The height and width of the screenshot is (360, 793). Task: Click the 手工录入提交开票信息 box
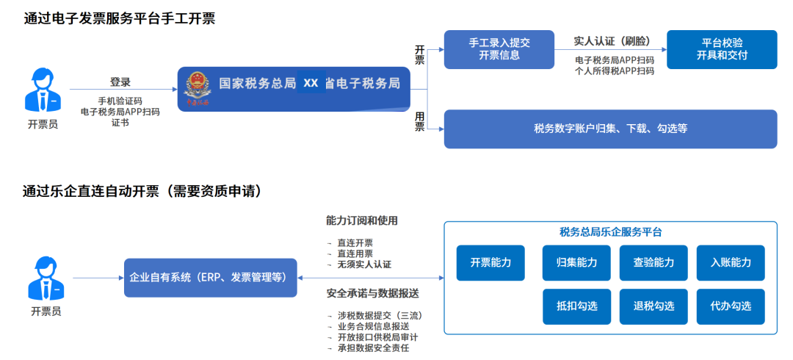[499, 49]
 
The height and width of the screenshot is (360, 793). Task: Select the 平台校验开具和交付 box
[722, 49]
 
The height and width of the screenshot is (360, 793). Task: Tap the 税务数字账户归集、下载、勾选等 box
[610, 129]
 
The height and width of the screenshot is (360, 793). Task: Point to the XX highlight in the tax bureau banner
[311, 83]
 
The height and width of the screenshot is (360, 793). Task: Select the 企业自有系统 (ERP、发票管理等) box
[210, 278]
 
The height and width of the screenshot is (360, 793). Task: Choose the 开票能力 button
[490, 262]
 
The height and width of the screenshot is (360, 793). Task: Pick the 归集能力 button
[576, 262]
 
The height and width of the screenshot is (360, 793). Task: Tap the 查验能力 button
[653, 262]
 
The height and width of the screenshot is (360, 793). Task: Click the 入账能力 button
[731, 262]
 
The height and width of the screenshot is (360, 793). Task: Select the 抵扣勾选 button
[576, 306]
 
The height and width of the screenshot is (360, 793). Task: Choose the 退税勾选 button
[653, 306]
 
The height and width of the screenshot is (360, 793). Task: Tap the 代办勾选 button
[731, 306]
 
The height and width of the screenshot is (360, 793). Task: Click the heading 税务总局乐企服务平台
[610, 232]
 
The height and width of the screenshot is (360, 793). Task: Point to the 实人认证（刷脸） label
[612, 41]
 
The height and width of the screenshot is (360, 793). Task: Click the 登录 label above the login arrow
[120, 82]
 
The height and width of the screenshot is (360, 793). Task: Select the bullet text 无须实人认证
[363, 264]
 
